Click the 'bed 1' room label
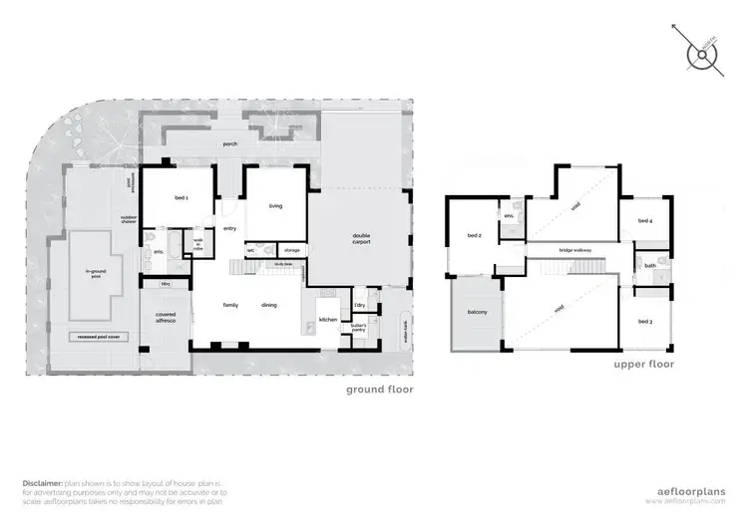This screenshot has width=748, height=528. point(182,198)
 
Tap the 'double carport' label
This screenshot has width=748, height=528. point(361,239)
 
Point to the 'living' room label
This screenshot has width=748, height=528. point(276,206)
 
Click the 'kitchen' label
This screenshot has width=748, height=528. point(328,319)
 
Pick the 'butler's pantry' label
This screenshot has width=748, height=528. point(357,326)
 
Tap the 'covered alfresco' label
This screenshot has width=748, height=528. point(166,318)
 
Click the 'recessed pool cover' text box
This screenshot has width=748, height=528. point(97,338)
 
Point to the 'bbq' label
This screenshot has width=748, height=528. point(166,284)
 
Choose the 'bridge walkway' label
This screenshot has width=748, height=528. point(577,249)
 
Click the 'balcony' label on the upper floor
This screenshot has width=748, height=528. point(477,313)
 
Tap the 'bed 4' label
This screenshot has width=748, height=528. point(644,220)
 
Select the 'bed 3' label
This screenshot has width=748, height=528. point(644,321)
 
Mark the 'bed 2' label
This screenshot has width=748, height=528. point(474,236)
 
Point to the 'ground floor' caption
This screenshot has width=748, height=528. point(379,390)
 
